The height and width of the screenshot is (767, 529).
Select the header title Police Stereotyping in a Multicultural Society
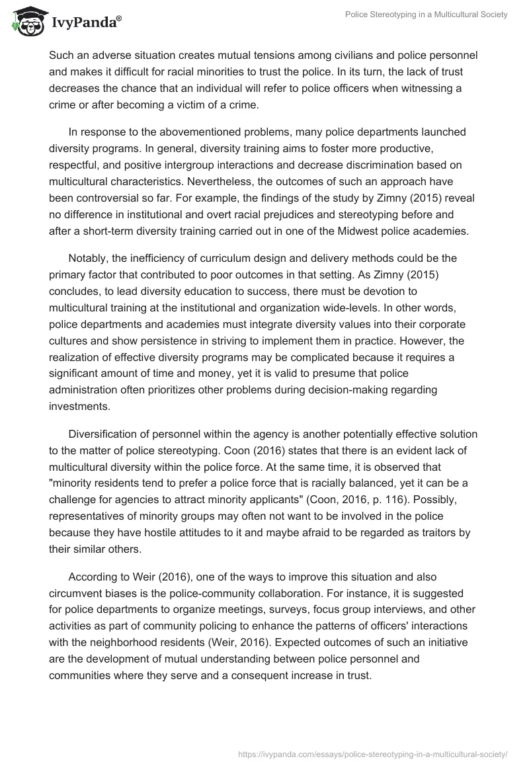427,15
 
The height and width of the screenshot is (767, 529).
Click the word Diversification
106,434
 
